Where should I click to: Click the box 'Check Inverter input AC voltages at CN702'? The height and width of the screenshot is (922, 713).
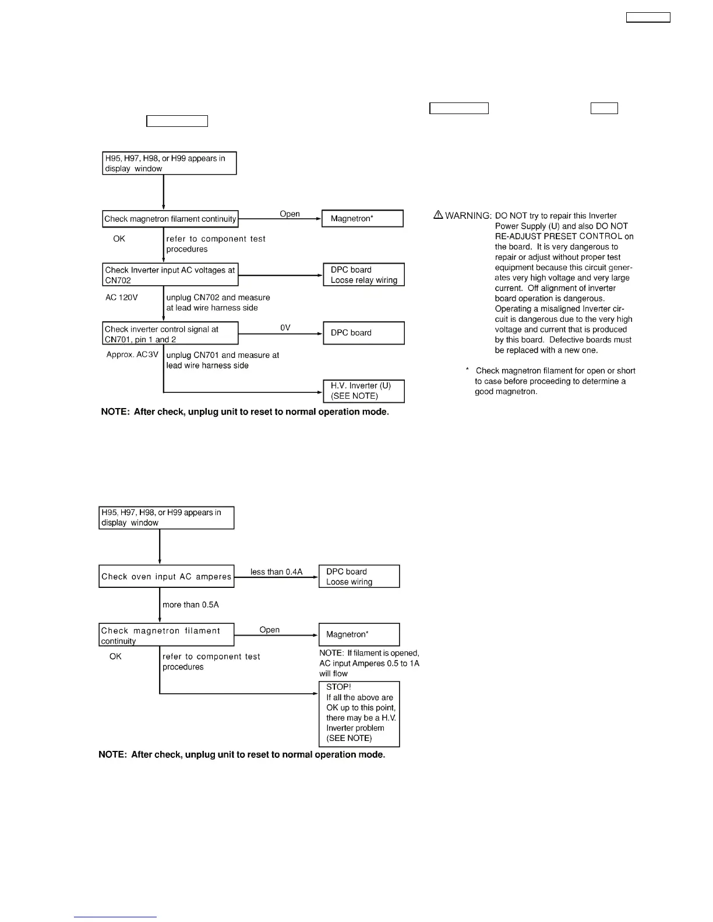pos(170,275)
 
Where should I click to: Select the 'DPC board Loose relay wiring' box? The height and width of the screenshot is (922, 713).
pos(363,275)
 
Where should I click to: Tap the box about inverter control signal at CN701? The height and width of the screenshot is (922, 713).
pos(170,334)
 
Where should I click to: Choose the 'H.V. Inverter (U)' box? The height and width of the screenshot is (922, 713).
pos(363,391)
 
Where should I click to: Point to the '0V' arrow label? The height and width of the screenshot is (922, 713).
pos(285,328)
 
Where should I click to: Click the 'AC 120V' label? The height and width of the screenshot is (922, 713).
pos(122,297)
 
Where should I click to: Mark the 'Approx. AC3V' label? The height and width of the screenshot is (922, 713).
pos(132,354)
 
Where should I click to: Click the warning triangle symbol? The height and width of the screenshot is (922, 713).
pos(438,215)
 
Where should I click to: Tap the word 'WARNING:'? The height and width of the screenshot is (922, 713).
pos(468,216)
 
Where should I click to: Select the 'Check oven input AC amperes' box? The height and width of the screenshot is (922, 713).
pos(166,576)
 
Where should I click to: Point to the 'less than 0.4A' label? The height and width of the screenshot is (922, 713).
pos(277,572)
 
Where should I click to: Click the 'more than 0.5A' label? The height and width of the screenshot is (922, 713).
pos(191,605)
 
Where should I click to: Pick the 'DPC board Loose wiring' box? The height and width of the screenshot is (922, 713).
pos(359,576)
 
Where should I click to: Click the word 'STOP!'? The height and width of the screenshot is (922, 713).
pos(338,687)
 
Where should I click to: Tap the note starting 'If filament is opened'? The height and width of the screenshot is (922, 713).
pos(369,663)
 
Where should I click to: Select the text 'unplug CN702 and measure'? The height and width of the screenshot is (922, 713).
pos(218,297)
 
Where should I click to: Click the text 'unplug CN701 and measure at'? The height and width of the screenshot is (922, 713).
pos(223,355)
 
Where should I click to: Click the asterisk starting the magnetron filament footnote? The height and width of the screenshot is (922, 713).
pos(467,371)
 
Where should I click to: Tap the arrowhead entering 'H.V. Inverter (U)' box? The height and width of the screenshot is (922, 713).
pos(320,392)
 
